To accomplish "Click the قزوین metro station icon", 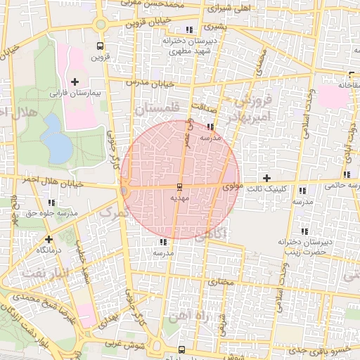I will pos(100,46).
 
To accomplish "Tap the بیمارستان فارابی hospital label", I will pos(75,93).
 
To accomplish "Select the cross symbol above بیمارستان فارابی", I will pos(75,82).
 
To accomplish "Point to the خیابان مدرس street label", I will pos(148,83).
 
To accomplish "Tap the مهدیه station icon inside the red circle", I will pos(180,187).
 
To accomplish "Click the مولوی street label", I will pos(232,188).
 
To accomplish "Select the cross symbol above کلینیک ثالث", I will pos(266,178).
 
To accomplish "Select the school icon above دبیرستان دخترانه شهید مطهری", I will pos(188,30).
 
